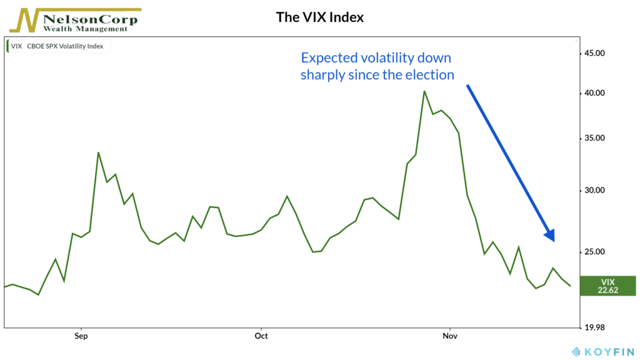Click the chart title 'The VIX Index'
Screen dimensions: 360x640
319,17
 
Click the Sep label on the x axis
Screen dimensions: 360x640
80,336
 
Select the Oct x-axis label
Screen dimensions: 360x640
261,336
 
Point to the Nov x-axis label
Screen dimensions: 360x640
450,336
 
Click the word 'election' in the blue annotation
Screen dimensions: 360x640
431,75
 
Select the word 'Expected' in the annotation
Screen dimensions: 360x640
330,58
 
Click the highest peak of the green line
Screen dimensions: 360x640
424,91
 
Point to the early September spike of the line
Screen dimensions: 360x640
98,152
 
